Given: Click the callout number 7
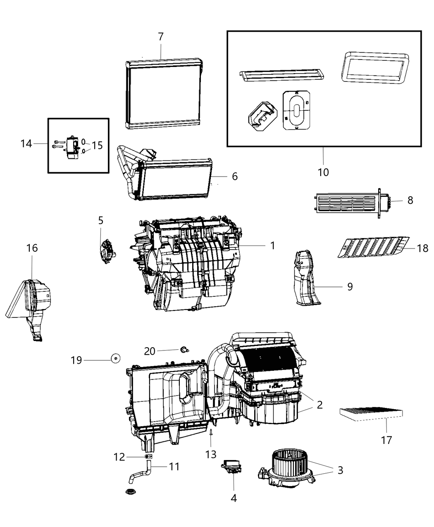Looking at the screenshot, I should (x=161, y=37).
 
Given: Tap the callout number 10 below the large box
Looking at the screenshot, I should (x=323, y=172).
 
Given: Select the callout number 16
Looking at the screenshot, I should (x=32, y=248).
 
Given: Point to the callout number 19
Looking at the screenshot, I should (x=76, y=360).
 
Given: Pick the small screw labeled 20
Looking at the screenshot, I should (x=184, y=350).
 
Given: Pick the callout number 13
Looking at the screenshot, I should (x=211, y=454).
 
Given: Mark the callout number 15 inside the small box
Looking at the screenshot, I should (x=97, y=145).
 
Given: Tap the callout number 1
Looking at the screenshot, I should (x=272, y=246).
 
